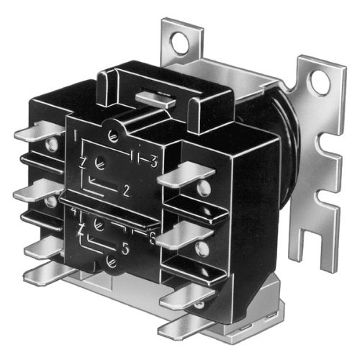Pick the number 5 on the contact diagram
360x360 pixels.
pos(126,253)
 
